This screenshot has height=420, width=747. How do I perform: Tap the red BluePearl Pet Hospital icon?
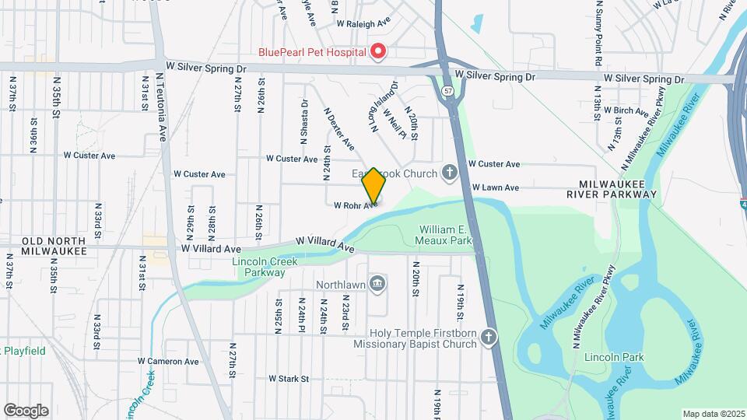tap(378, 52)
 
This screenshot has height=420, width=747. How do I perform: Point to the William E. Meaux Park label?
tap(446, 236)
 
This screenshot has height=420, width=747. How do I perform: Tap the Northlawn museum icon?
tap(377, 284)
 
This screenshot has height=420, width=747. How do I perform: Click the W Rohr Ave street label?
tap(356, 206)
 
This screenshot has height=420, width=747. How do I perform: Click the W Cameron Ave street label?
tap(168, 361)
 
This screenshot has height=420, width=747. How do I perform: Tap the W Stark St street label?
tap(289, 379)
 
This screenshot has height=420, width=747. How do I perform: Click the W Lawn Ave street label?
tap(496, 187)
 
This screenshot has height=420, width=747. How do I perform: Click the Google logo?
tap(26, 410)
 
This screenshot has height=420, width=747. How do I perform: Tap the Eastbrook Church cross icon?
tap(449, 171)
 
